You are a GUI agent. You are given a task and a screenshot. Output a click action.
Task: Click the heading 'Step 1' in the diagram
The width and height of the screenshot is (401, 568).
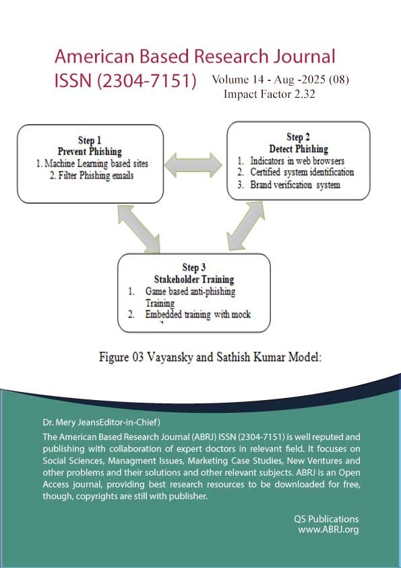(x=90, y=140)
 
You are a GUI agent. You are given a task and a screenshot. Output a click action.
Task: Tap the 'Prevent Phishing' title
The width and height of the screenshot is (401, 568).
(x=90, y=151)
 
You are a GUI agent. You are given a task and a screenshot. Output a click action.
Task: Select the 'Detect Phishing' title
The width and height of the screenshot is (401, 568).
(x=299, y=148)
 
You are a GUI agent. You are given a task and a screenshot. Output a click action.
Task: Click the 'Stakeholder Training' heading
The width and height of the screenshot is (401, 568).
(x=194, y=279)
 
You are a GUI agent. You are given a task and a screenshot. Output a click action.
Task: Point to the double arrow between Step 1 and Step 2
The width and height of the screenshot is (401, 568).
(x=193, y=165)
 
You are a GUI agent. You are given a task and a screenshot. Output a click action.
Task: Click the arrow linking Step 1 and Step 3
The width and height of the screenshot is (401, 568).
(x=139, y=228)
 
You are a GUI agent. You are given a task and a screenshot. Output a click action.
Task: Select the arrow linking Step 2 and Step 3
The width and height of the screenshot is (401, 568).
(x=245, y=226)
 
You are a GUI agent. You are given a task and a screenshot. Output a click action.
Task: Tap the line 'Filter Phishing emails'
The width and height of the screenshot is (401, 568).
(x=92, y=175)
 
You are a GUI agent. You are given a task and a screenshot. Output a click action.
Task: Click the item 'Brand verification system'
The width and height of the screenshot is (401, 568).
(x=295, y=184)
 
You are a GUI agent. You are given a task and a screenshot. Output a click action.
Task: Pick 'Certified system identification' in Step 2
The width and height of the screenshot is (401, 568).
(x=302, y=172)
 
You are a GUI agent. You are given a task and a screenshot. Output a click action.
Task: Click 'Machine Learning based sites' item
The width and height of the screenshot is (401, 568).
(x=96, y=163)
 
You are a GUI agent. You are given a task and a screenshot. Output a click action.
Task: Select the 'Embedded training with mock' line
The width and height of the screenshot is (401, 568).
(x=198, y=314)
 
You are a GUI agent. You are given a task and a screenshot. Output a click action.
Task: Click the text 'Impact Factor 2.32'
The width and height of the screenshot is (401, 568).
(x=270, y=94)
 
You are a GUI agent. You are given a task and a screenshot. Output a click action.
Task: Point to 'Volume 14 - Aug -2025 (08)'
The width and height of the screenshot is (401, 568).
(x=280, y=80)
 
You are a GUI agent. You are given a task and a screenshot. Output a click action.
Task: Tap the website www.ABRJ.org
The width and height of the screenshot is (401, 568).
(x=328, y=530)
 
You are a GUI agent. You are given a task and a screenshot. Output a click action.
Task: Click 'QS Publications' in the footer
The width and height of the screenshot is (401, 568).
(x=326, y=519)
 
